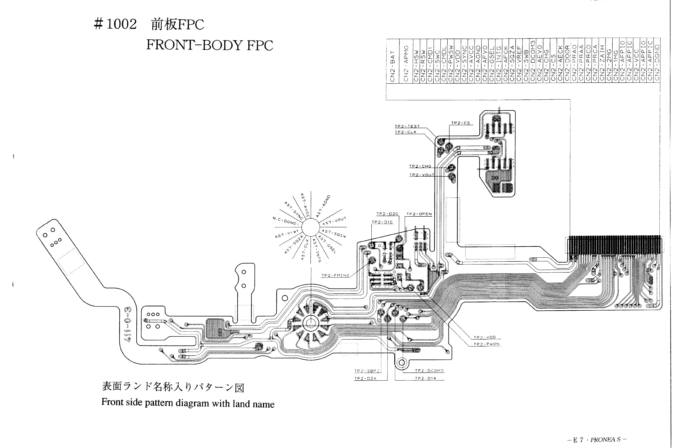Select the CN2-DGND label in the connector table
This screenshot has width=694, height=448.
click(657, 62)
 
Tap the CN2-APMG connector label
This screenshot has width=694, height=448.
click(406, 63)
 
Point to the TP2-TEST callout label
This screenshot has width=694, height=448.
click(407, 126)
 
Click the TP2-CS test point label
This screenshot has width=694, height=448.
click(460, 123)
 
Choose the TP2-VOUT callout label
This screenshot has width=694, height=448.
click(422, 175)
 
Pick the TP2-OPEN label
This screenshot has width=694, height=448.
click(419, 214)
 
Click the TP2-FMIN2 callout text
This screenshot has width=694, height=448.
click(335, 275)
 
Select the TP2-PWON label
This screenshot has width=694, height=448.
click(486, 344)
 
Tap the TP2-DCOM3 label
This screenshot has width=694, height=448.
click(429, 371)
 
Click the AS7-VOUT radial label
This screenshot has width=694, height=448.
click(334, 221)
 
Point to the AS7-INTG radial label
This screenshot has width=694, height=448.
click(317, 250)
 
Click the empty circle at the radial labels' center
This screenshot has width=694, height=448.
click(310, 227)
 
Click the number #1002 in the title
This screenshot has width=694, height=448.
click(115, 24)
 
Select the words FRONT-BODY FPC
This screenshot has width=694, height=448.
click(210, 45)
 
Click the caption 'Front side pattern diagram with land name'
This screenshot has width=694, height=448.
click(188, 403)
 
